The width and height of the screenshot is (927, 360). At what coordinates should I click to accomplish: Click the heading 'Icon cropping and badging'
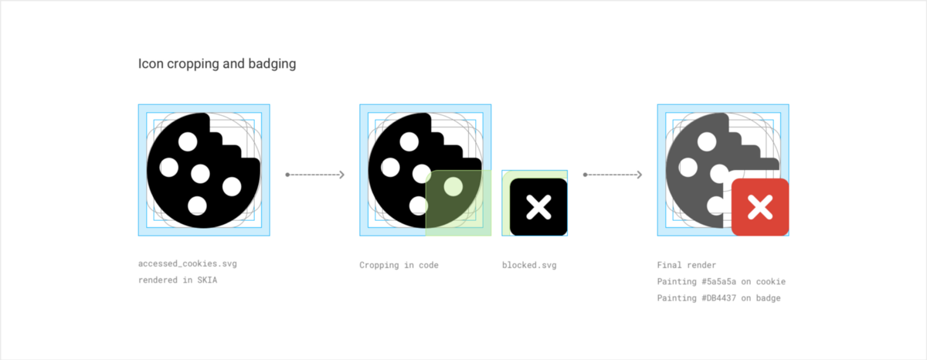coord(217,64)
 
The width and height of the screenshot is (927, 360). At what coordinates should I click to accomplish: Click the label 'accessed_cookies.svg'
coord(188,264)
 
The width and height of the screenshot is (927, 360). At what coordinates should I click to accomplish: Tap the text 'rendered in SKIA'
coord(178,280)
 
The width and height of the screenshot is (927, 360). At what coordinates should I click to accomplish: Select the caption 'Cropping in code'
coord(399,265)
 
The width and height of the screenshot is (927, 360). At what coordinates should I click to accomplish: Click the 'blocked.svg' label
coord(529,265)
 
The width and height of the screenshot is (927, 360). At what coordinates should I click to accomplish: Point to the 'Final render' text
coord(687,264)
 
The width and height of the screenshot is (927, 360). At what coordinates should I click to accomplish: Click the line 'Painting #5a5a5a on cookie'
coord(721,281)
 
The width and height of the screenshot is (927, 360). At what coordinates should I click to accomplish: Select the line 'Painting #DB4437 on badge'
coord(718,298)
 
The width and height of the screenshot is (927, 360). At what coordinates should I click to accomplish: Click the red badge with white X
coord(760,207)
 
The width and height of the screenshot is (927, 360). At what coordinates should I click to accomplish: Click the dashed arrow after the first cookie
coord(314,175)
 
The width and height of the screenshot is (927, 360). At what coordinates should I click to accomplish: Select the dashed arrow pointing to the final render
coord(613,175)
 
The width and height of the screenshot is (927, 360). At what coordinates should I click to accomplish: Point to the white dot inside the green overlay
coord(453,185)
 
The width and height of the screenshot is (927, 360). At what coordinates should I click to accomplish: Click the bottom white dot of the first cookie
coord(198,205)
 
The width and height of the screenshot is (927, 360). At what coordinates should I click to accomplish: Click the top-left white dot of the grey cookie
coord(706,141)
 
